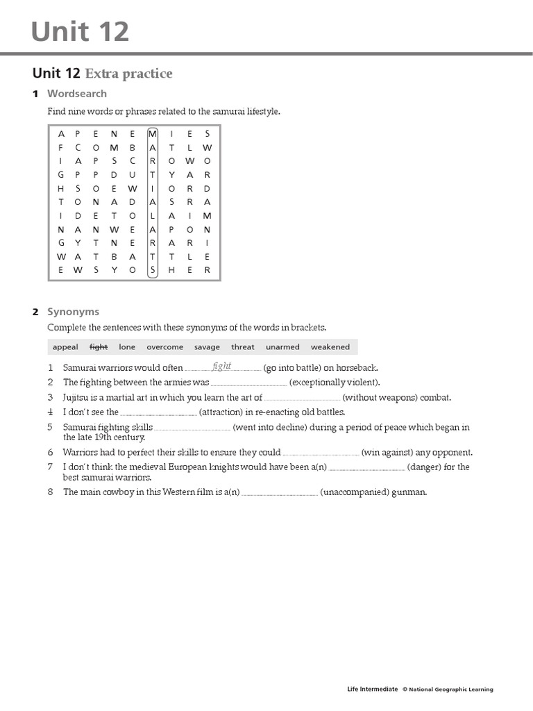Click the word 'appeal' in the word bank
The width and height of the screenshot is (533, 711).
click(x=65, y=347)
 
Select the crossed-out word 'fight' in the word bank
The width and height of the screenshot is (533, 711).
click(x=99, y=347)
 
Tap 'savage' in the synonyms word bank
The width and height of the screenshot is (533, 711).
click(x=207, y=347)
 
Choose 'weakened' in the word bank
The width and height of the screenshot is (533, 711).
click(x=330, y=347)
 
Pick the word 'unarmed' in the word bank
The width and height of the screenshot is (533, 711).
click(x=282, y=347)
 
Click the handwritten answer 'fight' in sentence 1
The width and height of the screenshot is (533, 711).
click(x=222, y=366)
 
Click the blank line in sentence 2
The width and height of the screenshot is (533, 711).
click(x=248, y=383)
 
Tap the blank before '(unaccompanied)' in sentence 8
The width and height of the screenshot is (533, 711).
click(x=280, y=494)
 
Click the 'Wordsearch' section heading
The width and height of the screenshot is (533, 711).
click(x=77, y=94)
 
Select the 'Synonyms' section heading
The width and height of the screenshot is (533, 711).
click(x=73, y=312)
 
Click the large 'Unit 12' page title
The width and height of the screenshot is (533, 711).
click(x=81, y=32)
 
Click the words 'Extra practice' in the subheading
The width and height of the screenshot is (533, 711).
click(x=128, y=74)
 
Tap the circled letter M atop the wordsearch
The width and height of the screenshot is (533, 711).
click(x=153, y=134)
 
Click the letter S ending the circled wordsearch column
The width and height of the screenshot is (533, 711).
click(x=153, y=270)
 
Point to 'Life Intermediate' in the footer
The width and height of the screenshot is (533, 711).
click(x=372, y=689)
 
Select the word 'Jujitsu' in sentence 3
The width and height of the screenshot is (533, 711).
click(x=77, y=398)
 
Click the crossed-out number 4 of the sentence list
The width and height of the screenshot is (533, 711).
click(x=51, y=412)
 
